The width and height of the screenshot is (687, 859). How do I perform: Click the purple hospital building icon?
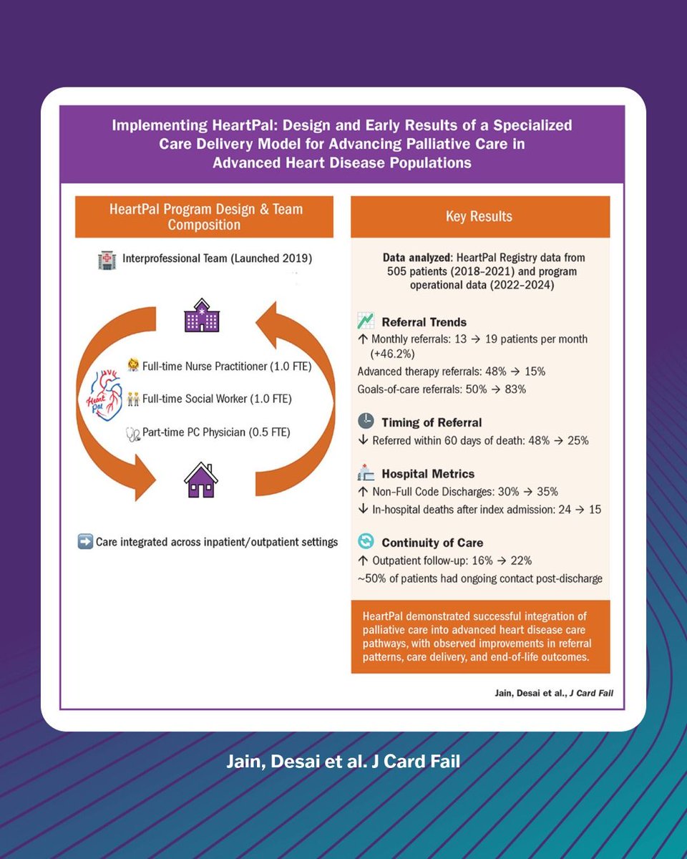click(x=202, y=316)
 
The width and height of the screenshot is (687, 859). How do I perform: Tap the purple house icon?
click(x=201, y=480)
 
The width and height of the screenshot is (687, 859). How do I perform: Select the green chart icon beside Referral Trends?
click(x=366, y=321)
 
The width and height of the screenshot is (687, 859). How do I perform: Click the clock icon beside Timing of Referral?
click(x=366, y=421)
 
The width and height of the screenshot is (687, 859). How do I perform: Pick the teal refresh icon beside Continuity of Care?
click(x=366, y=541)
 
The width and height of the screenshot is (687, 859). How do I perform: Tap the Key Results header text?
click(x=479, y=216)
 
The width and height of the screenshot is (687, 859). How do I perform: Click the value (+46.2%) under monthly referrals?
click(x=392, y=354)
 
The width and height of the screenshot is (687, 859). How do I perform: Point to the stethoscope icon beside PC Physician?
click(x=133, y=435)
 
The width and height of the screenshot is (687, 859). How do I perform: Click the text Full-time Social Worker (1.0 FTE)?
click(x=217, y=399)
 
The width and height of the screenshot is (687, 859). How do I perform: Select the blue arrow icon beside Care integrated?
click(x=85, y=542)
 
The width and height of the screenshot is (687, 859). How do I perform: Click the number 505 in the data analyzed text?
click(x=396, y=271)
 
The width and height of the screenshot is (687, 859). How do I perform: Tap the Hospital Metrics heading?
click(x=428, y=474)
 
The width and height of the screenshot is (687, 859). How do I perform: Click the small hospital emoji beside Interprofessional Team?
click(x=107, y=261)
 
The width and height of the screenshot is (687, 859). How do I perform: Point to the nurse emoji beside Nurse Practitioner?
click(x=133, y=365)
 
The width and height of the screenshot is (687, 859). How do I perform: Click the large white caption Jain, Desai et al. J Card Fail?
click(x=343, y=761)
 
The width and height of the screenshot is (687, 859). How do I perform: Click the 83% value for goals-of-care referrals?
click(x=515, y=389)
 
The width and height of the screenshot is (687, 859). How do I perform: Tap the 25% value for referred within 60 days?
click(x=578, y=441)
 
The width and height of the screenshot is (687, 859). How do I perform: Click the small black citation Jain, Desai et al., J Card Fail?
click(x=554, y=693)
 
